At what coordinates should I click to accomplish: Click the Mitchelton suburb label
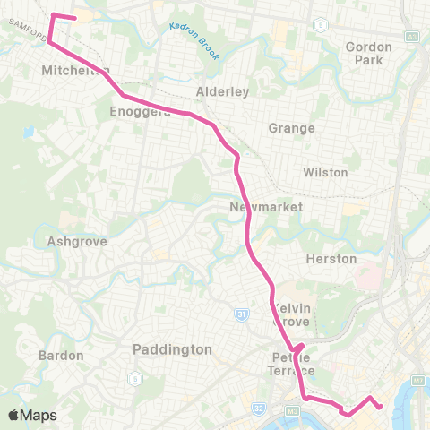tap(75, 70)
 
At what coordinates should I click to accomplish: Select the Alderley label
tap(221, 92)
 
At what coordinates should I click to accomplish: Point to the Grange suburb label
tap(291, 128)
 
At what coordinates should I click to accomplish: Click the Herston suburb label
tap(331, 259)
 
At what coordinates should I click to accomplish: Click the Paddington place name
tap(171, 348)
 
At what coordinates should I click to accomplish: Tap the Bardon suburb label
tap(61, 356)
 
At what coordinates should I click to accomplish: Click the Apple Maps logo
tap(32, 415)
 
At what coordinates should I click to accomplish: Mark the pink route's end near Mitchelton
tap(74, 17)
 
